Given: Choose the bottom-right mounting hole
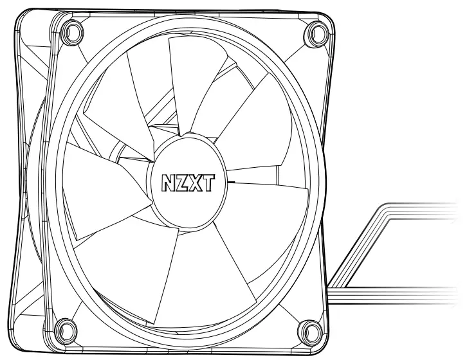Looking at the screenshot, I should pyautogui.click(x=310, y=331).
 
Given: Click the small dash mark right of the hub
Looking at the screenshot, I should pyautogui.click(x=231, y=182).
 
